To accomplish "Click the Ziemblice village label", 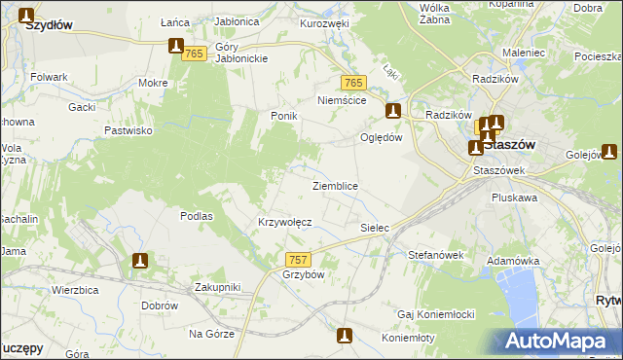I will [335, 185].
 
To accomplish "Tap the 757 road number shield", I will [299, 260].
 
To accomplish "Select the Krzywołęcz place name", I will [284, 222].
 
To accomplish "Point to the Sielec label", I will [375, 228].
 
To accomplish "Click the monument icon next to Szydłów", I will [26, 16].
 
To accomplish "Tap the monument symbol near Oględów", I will [393, 111].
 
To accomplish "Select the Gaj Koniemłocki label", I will [435, 314].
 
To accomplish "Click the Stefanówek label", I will [434, 255].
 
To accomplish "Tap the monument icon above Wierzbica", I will [140, 261].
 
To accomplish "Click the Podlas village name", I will [197, 216].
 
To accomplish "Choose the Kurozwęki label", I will [324, 23].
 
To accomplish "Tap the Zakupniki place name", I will [217, 287].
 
